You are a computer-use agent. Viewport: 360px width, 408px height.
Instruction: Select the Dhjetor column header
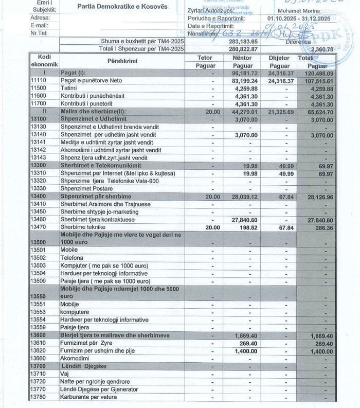(279, 58)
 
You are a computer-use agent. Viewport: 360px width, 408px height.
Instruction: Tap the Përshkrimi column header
(121, 61)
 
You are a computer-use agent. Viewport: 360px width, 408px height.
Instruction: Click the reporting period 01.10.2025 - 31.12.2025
(304, 18)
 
